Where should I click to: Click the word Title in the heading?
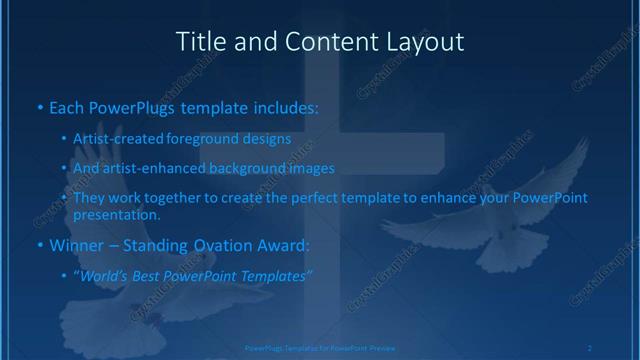(199, 42)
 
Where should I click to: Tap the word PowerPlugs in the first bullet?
(128, 105)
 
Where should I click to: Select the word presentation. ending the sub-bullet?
(116, 214)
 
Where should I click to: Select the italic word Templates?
(276, 273)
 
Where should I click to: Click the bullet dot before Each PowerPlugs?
(39, 105)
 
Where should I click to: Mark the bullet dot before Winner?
(39, 244)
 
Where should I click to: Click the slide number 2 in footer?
(590, 347)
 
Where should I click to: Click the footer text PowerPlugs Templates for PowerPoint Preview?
(319, 347)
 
